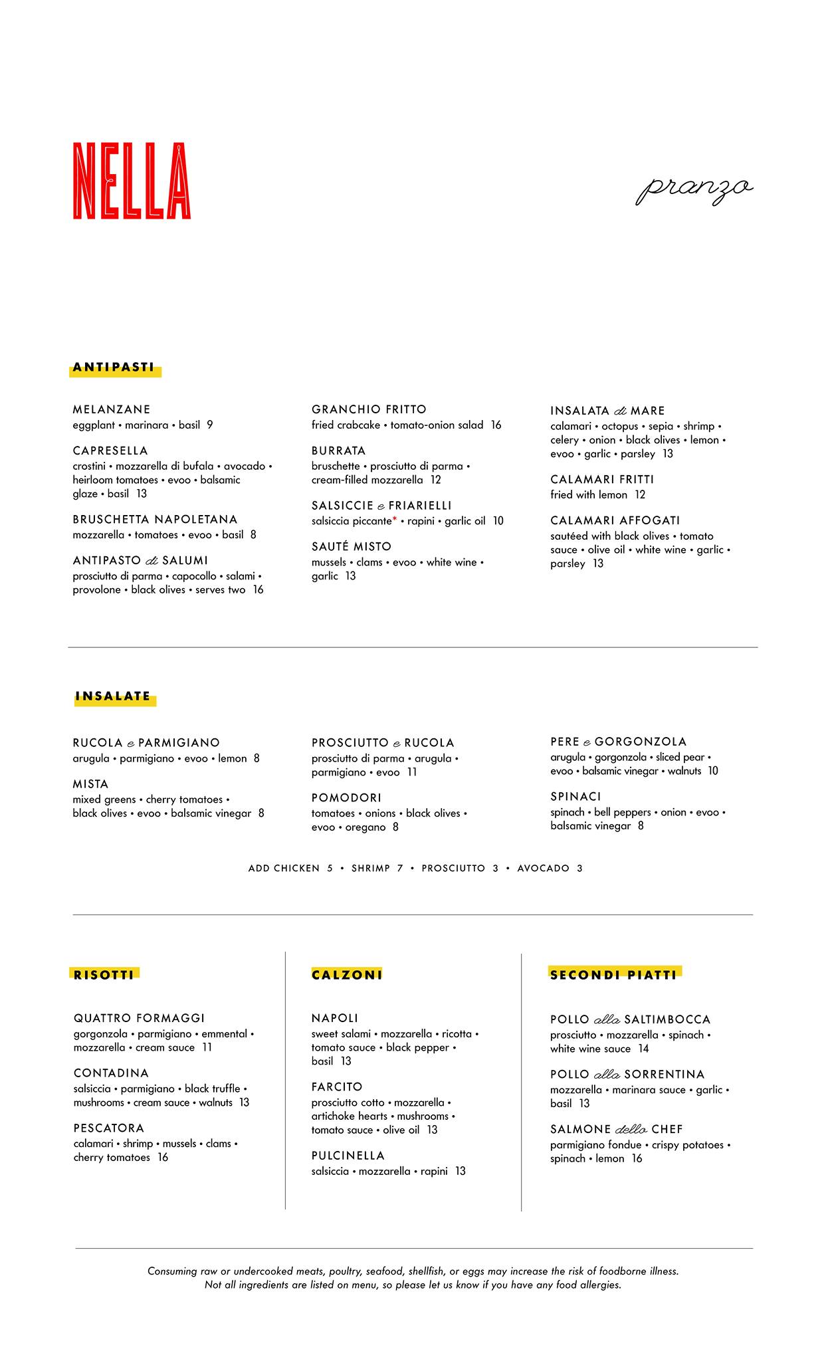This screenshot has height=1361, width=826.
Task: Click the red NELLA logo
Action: tap(132, 181)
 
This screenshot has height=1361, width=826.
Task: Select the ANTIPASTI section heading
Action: tap(114, 367)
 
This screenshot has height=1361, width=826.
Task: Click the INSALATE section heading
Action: tap(113, 696)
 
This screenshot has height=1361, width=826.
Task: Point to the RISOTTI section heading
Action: tap(104, 975)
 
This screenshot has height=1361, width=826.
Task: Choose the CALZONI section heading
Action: tap(347, 975)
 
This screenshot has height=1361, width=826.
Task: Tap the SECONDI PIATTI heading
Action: tap(613, 975)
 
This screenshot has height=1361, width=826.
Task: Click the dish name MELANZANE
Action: tap(112, 409)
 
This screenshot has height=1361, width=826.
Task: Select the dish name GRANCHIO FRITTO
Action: tap(369, 409)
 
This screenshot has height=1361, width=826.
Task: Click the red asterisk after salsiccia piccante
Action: tap(395, 518)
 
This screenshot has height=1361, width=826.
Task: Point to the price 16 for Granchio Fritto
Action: tap(496, 425)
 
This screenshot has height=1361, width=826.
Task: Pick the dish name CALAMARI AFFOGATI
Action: tap(615, 520)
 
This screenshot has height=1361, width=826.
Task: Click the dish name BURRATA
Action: tap(338, 451)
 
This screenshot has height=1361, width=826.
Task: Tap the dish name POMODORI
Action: tap(346, 797)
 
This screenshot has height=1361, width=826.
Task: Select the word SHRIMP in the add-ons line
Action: tap(371, 869)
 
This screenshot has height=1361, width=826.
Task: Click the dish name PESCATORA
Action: tap(109, 1128)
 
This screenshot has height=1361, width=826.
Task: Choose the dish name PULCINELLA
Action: tap(348, 1156)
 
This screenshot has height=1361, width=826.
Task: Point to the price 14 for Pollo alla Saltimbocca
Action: tap(643, 1049)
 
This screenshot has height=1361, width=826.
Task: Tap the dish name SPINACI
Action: tap(575, 796)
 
